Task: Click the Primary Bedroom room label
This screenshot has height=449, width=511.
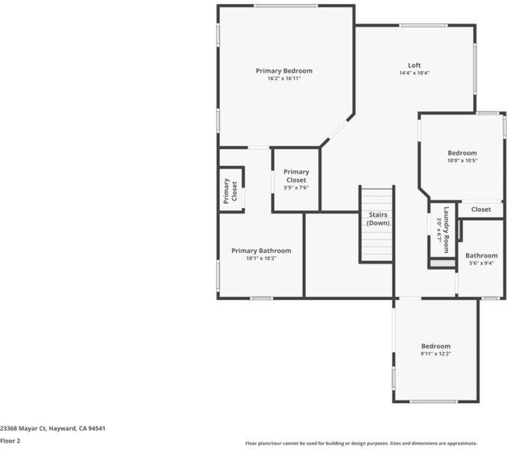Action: pos(284,71)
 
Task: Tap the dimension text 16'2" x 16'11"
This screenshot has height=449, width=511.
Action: pos(284,79)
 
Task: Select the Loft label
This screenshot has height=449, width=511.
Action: pos(414,65)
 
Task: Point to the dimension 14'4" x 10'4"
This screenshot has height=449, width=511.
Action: pos(414,73)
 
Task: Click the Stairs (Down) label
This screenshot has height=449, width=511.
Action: pos(378,219)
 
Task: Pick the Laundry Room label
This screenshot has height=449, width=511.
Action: pos(446,230)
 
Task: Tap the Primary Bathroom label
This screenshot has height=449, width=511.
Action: pos(261,251)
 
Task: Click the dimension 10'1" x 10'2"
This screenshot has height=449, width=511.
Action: pos(261,258)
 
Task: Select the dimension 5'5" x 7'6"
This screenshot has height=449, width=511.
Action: pos(296,188)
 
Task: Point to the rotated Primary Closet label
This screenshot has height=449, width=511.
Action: pos(230,191)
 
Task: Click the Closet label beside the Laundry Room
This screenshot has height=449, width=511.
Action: pos(481,210)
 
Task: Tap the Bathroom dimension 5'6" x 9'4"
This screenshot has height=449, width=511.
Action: pos(481,263)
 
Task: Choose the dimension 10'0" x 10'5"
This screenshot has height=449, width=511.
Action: pos(462,160)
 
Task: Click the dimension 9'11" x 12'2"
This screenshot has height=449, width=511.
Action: pos(435,354)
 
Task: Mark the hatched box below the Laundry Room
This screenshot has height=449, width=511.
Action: pos(443,263)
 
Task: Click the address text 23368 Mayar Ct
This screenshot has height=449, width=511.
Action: pos(23,429)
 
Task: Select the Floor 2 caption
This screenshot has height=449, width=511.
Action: pos(10,441)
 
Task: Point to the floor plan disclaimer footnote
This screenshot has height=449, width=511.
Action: pos(361,443)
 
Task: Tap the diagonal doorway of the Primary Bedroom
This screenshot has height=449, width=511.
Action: pos(337,130)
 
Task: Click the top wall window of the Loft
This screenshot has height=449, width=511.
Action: pos(423,25)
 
